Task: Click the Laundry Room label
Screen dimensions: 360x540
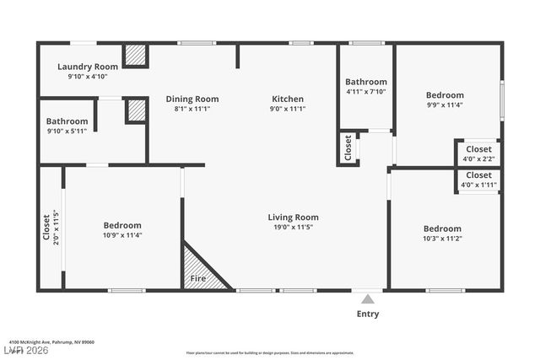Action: click(87, 67)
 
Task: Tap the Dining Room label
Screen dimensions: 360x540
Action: click(192, 99)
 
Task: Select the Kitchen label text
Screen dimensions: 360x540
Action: click(288, 99)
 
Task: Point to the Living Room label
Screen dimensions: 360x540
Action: click(293, 218)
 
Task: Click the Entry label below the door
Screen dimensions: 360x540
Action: click(367, 314)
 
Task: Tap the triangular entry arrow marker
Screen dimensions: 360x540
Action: click(367, 298)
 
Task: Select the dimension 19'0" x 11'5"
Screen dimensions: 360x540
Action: click(293, 228)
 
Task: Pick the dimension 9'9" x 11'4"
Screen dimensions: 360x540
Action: click(444, 105)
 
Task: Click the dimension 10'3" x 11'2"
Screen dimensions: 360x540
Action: click(442, 239)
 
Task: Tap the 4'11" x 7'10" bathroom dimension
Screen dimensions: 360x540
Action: click(365, 92)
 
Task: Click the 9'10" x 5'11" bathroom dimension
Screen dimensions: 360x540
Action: click(67, 132)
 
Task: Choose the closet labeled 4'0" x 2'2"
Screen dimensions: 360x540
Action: click(478, 153)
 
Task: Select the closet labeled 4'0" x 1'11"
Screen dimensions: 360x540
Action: click(478, 180)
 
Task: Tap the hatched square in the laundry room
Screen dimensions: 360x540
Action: click(135, 55)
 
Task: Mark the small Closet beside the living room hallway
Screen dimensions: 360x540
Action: click(348, 149)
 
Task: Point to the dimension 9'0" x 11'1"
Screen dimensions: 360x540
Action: click(288, 109)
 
